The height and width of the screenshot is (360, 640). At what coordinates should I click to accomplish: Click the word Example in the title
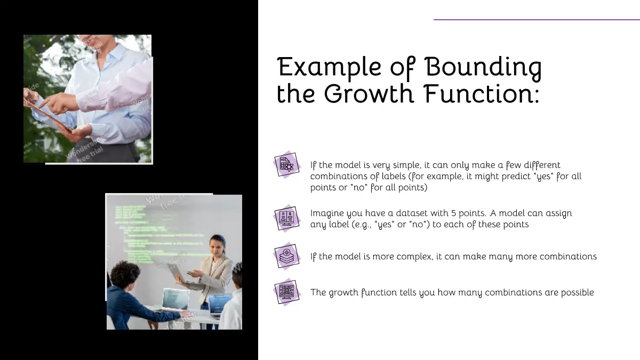(x=329, y=68)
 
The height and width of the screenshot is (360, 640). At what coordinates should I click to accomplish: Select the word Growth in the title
(x=369, y=93)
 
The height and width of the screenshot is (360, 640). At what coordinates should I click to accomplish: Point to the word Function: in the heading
(x=482, y=93)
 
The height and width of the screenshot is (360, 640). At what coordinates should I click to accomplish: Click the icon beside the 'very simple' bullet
(x=286, y=165)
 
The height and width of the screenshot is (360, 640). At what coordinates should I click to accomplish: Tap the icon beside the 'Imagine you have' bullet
(x=286, y=218)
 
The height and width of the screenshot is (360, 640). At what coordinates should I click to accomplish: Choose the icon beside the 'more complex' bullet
(x=286, y=256)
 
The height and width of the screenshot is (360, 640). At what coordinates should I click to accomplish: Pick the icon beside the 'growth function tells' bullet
(x=286, y=292)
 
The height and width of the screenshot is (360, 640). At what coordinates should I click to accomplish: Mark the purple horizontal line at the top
(x=537, y=20)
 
